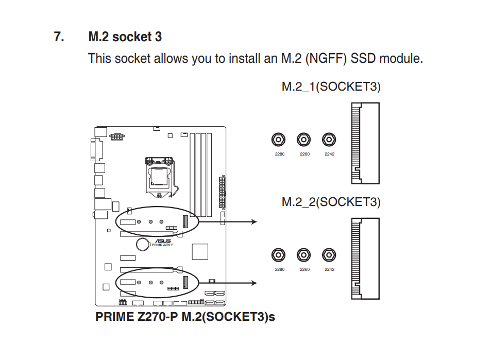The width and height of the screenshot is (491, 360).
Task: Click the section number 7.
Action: coord(59,37)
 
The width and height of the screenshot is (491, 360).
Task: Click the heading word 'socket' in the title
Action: coord(131,37)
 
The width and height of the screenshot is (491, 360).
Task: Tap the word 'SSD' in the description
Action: coord(363,58)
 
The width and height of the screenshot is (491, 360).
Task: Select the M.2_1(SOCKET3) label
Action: coord(331,86)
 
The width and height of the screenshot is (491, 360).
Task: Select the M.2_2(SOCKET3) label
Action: coord(331,201)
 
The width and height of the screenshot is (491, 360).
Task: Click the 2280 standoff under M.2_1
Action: coord(279,139)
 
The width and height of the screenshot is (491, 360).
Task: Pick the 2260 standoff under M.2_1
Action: coord(304,139)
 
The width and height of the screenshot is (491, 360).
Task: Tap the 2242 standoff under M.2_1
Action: coord(329,139)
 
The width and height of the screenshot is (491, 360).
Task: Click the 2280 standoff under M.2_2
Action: coord(279,254)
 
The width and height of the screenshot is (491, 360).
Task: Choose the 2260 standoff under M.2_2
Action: coord(304,254)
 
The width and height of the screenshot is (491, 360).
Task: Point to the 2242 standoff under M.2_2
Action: coord(329,254)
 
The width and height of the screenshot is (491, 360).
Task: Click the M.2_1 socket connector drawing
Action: coord(365,143)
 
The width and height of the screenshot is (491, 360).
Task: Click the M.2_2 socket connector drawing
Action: coord(365,259)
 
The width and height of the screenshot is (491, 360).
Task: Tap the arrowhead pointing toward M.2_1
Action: coord(253,221)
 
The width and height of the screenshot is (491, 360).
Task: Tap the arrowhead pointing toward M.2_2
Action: coord(253,283)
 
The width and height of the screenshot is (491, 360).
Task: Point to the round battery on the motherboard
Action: coord(143,244)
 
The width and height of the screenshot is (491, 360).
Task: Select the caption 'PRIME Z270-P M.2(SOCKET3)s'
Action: coord(185,317)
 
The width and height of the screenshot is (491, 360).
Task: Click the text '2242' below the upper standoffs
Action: coord(329,154)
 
